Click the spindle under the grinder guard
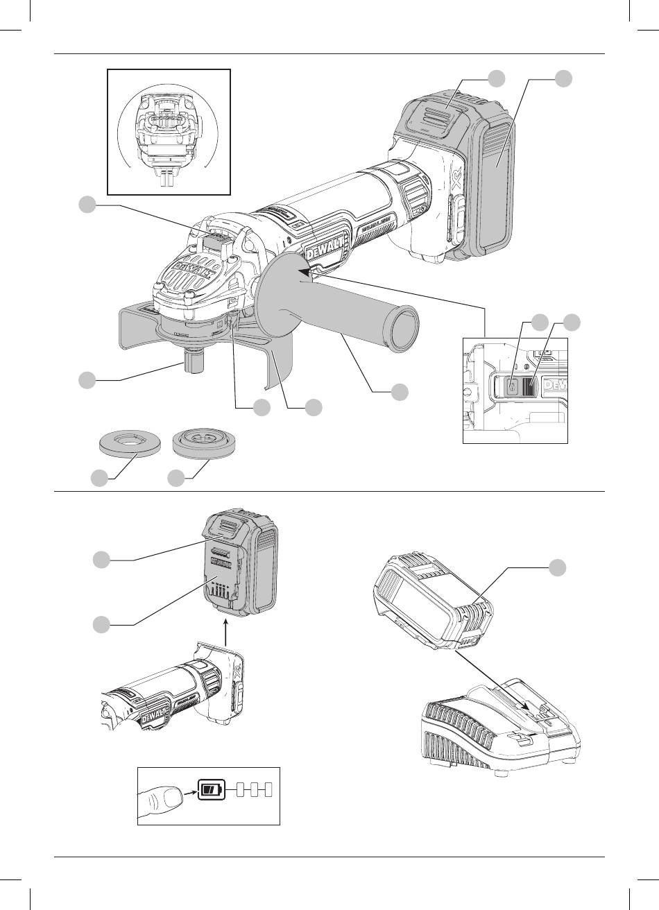tap(192, 361)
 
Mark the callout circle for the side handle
tap(399, 391)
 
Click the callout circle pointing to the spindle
tap(87, 380)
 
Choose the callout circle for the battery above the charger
tap(558, 567)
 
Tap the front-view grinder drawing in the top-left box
tap(169, 132)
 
